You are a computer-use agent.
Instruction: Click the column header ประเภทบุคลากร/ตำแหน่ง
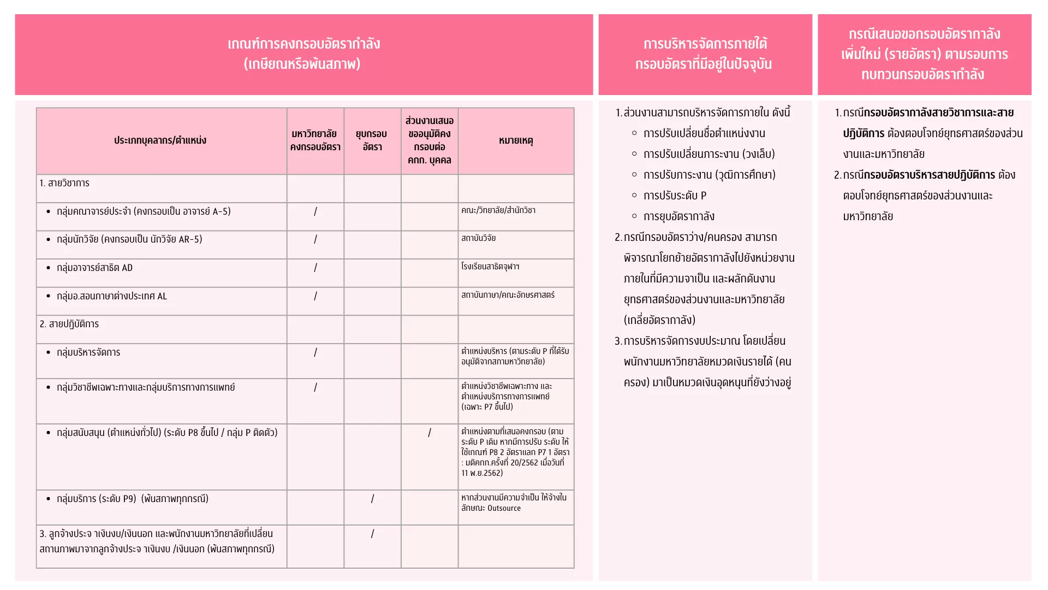[160, 140]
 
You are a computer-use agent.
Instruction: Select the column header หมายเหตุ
[516, 140]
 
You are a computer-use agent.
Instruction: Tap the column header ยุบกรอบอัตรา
[372, 140]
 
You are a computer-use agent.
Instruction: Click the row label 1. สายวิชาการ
[64, 183]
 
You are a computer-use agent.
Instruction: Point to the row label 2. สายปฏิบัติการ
[69, 324]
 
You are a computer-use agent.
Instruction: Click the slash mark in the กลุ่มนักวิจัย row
[315, 239]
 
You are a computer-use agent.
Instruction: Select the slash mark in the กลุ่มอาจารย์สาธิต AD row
[315, 268]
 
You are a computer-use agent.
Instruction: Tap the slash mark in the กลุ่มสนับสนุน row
[430, 433]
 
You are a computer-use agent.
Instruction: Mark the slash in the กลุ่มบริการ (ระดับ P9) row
[372, 499]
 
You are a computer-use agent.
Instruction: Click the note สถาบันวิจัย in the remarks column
[479, 238]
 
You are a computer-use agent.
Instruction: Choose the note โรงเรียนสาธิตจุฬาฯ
[490, 267]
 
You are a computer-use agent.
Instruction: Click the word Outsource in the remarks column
[504, 508]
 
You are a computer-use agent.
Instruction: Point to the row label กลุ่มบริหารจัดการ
[88, 352]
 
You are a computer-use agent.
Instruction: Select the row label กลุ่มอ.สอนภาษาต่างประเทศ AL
[112, 296]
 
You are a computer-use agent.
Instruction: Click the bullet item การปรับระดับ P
[675, 196]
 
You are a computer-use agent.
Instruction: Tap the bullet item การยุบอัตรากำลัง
[678, 216]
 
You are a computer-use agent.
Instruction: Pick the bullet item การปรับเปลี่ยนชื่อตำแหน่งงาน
[704, 133]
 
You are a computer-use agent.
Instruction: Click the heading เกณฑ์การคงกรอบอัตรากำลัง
[304, 44]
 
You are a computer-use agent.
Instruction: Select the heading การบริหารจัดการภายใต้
[705, 44]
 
